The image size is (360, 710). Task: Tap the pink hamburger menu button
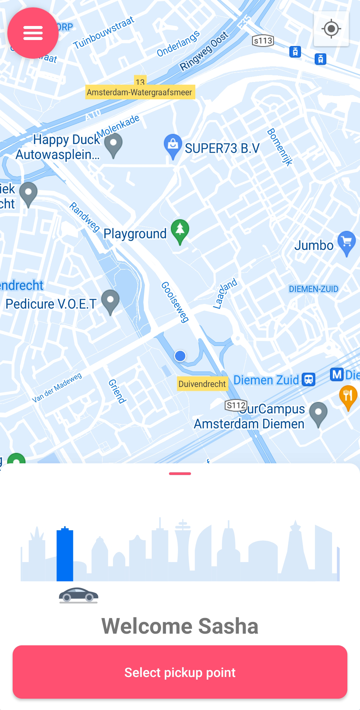pyautogui.click(x=33, y=33)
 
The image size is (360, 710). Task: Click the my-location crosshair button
pyautogui.click(x=331, y=29)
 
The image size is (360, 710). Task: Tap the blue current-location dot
pyautogui.click(x=180, y=356)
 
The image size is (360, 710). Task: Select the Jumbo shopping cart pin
pyautogui.click(x=347, y=242)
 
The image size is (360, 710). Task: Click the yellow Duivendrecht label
pyautogui.click(x=202, y=384)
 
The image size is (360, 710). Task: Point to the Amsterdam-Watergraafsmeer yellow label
pyautogui.click(x=140, y=92)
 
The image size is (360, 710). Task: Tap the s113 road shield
pyautogui.click(x=263, y=41)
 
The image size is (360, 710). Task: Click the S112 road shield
pyautogui.click(x=236, y=405)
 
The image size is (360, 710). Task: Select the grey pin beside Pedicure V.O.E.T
pyautogui.click(x=110, y=301)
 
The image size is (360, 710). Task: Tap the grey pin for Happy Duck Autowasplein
pyautogui.click(x=113, y=144)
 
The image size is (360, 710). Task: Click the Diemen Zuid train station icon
pyautogui.click(x=309, y=379)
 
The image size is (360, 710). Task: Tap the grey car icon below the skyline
pyautogui.click(x=79, y=595)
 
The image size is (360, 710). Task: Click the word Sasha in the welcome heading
pyautogui.click(x=228, y=626)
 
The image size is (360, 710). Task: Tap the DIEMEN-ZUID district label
pyautogui.click(x=313, y=289)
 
